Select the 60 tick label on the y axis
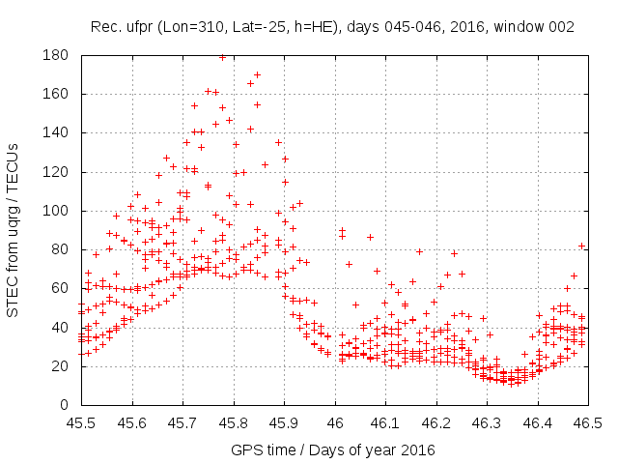(x=60, y=288)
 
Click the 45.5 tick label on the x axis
(x=80, y=423)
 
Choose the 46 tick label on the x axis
(x=334, y=423)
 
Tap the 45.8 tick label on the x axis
(x=233, y=423)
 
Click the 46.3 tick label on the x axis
(x=487, y=423)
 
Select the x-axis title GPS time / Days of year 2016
(x=334, y=449)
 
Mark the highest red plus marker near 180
(x=223, y=57)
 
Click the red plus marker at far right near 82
(x=582, y=246)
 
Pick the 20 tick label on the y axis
(x=60, y=366)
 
